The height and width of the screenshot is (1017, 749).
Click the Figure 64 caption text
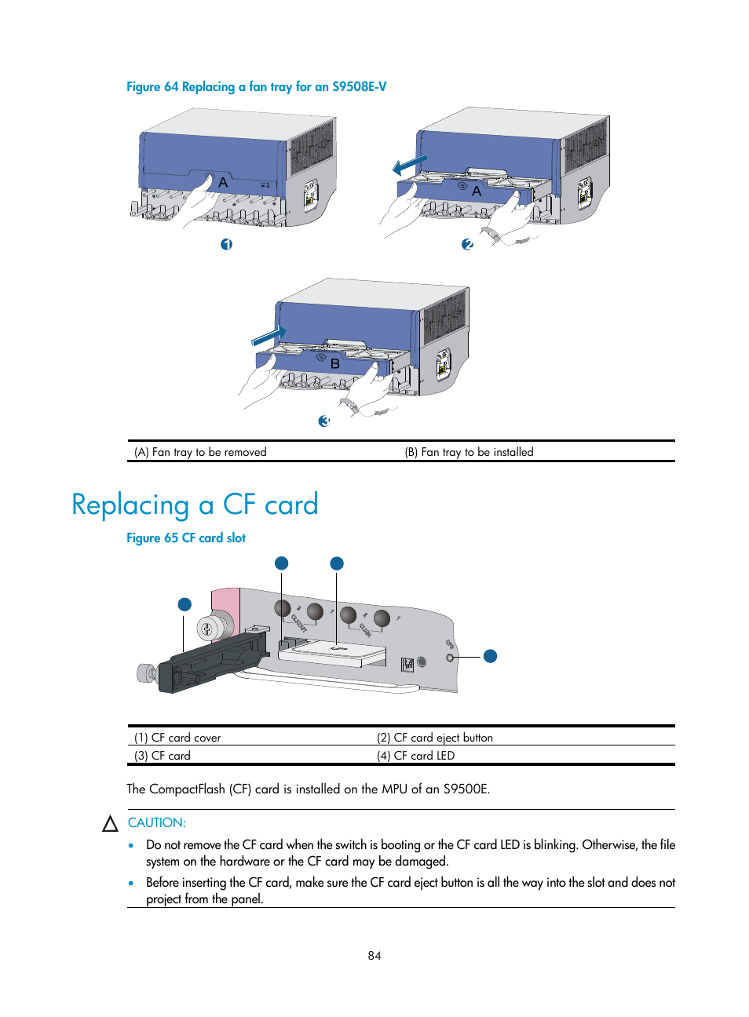click(x=256, y=87)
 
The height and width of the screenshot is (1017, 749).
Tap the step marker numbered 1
click(x=226, y=245)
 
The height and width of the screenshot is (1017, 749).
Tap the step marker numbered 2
click(x=467, y=245)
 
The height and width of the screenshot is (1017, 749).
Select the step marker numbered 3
click(x=323, y=421)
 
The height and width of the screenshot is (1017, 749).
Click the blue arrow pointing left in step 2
click(x=409, y=165)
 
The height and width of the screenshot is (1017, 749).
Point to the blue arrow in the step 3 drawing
click(x=269, y=335)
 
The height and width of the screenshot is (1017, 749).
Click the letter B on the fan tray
click(x=335, y=364)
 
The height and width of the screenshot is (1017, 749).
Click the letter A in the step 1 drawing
click(x=223, y=182)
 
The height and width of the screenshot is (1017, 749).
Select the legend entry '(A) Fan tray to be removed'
click(x=200, y=452)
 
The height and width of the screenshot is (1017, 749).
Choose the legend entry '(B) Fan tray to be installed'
click(x=469, y=452)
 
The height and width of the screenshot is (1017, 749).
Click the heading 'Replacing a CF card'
click(x=195, y=505)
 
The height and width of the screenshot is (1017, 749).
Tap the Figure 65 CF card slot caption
click(x=186, y=538)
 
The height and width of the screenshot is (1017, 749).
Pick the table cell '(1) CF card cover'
click(x=177, y=738)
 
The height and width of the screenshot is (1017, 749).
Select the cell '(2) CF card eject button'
click(x=434, y=738)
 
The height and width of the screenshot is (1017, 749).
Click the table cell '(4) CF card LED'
click(x=415, y=756)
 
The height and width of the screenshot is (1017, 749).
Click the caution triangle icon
click(x=110, y=824)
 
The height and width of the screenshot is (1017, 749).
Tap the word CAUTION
click(x=157, y=822)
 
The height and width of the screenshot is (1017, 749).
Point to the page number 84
click(x=374, y=956)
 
